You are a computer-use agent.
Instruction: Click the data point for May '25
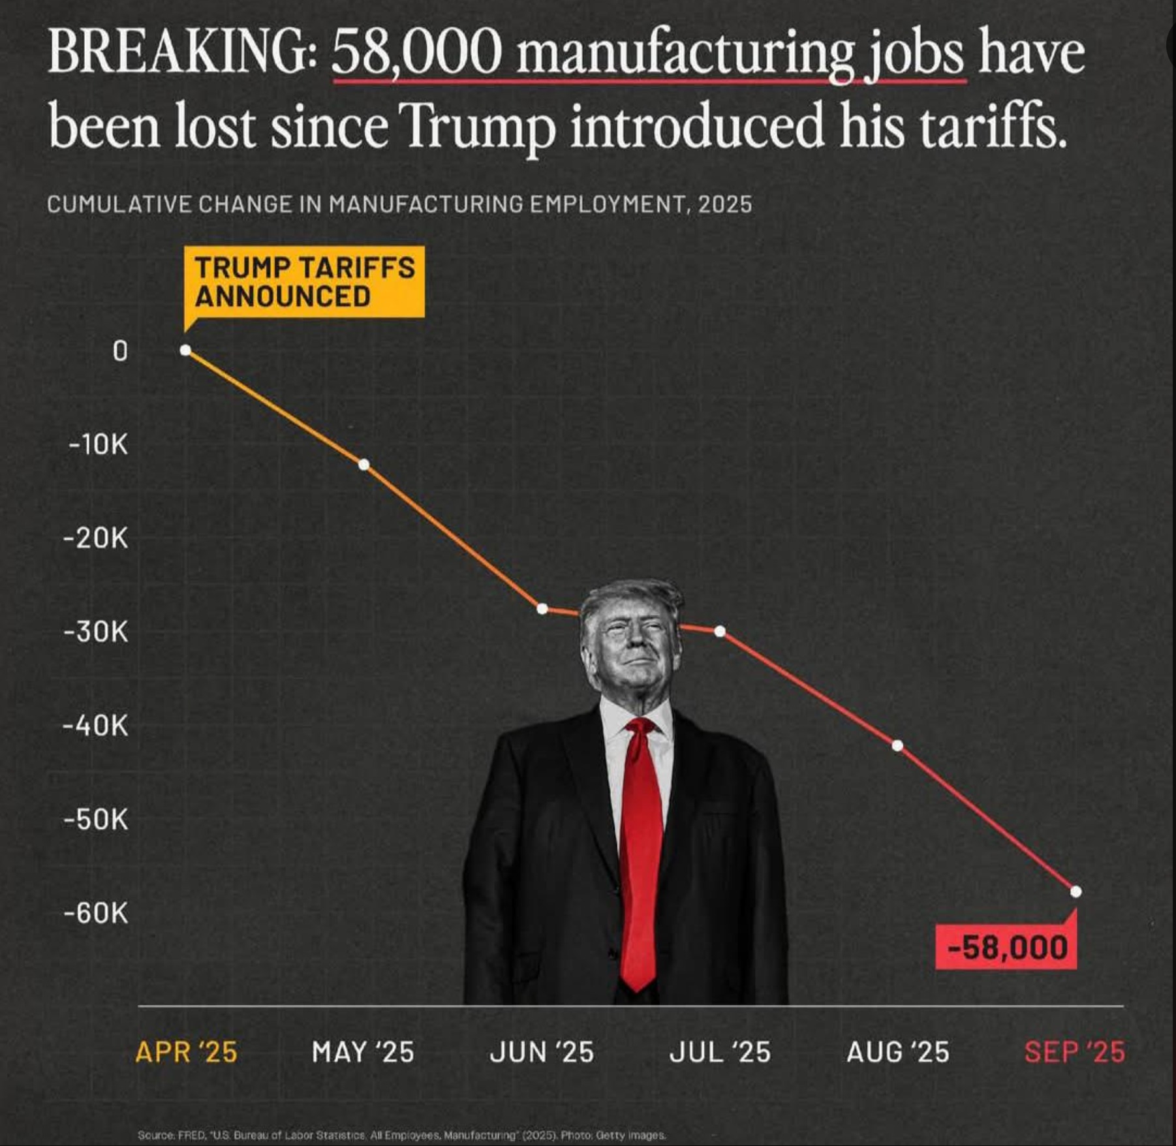pyautogui.click(x=364, y=465)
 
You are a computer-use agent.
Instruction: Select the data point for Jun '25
pyautogui.click(x=542, y=609)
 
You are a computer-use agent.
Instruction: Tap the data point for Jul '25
pyautogui.click(x=719, y=631)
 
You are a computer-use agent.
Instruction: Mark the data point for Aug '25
pyautogui.click(x=897, y=745)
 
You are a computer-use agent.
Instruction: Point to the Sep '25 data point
pyautogui.click(x=1075, y=891)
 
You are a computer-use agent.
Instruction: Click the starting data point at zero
pyautogui.click(x=185, y=350)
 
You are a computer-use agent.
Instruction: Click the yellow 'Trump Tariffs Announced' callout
pyautogui.click(x=304, y=282)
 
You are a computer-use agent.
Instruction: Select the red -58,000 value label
pyautogui.click(x=1006, y=947)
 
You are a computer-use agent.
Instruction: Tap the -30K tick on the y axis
pyautogui.click(x=96, y=632)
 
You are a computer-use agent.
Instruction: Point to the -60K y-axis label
pyautogui.click(x=96, y=913)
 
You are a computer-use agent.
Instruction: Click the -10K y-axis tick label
pyautogui.click(x=99, y=445)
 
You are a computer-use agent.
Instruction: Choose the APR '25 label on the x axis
pyautogui.click(x=186, y=1052)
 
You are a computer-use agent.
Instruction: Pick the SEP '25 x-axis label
pyautogui.click(x=1074, y=1052)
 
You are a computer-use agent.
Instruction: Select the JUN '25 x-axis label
pyautogui.click(x=542, y=1052)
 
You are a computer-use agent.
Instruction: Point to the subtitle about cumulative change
pyautogui.click(x=399, y=204)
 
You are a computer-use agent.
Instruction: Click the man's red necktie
pyautogui.click(x=640, y=848)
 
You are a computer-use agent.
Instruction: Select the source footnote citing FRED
pyautogui.click(x=401, y=1135)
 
